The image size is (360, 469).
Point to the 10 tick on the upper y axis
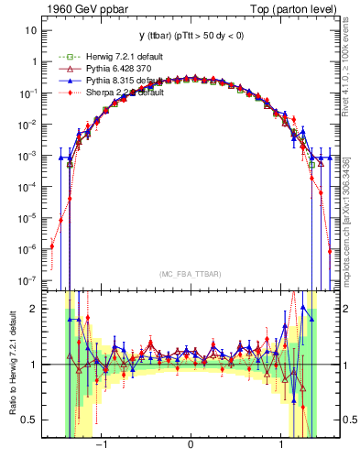(30, 30)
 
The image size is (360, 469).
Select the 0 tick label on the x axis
(190, 449)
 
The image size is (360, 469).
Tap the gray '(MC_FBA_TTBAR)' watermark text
(190, 273)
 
